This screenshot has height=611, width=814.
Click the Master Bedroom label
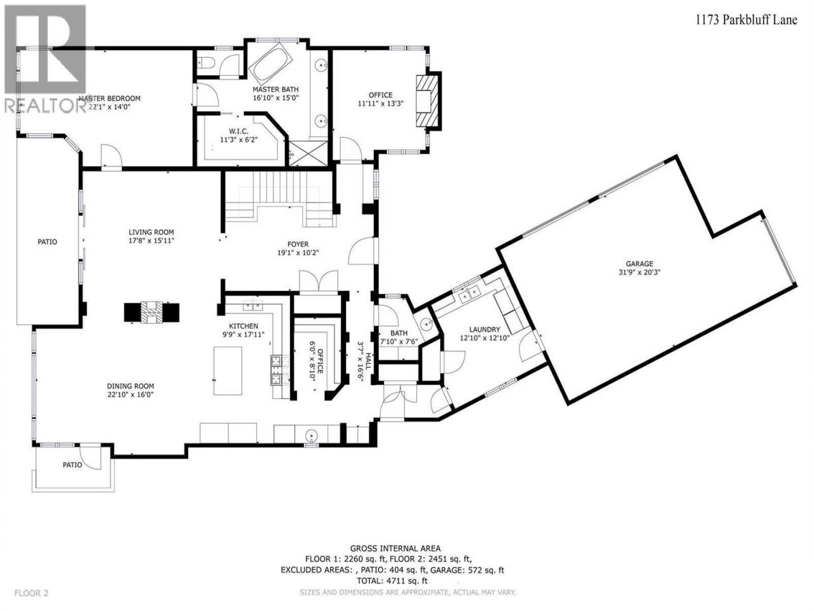109,98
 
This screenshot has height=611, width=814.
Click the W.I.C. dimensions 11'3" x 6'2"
239,140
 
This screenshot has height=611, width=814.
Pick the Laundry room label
485,330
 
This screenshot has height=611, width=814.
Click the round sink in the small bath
427,324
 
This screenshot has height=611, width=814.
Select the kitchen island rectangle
228,371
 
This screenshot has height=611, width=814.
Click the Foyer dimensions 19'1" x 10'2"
298,253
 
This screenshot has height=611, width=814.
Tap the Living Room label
151,232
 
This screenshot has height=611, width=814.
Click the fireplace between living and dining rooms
151,312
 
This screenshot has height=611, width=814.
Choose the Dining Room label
130,386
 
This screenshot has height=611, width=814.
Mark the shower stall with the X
308,153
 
